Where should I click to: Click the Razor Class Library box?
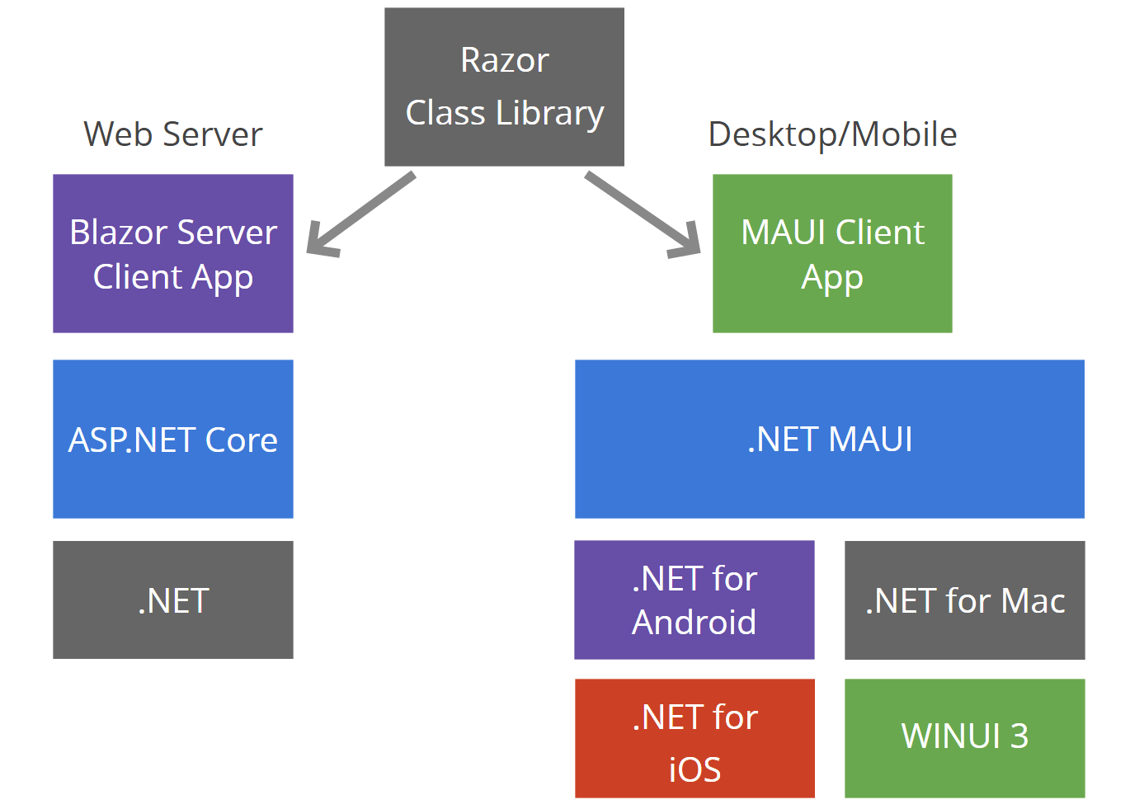pyautogui.click(x=504, y=87)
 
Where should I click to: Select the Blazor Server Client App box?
pyautogui.click(x=173, y=253)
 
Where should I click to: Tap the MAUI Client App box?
pyautogui.click(x=832, y=253)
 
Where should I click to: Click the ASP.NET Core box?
pyautogui.click(x=173, y=439)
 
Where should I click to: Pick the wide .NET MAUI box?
pyautogui.click(x=829, y=439)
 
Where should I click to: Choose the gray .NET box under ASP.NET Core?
pyautogui.click(x=173, y=600)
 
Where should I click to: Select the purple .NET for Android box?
pyautogui.click(x=694, y=600)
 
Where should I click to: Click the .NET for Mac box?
pyautogui.click(x=964, y=600)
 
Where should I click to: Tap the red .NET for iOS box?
pyautogui.click(x=694, y=738)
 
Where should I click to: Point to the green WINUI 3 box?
pyautogui.click(x=964, y=738)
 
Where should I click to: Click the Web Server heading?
pyautogui.click(x=173, y=134)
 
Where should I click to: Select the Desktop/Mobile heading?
pyautogui.click(x=832, y=134)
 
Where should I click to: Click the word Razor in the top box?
pyautogui.click(x=504, y=60)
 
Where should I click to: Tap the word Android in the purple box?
pyautogui.click(x=694, y=622)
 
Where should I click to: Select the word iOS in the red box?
pyautogui.click(x=694, y=769)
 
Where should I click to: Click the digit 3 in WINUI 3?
pyautogui.click(x=1019, y=736)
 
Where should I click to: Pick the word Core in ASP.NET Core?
pyautogui.click(x=241, y=440)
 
